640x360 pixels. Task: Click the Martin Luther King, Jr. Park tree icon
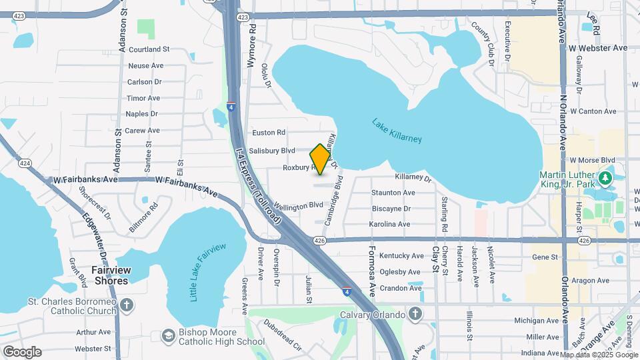[x=605, y=178]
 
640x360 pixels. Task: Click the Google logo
[x=22, y=352]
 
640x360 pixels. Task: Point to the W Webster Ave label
[x=598, y=48]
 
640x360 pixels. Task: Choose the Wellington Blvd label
[x=291, y=207]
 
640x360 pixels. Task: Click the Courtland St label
[x=149, y=49]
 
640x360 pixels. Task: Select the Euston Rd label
[x=267, y=133]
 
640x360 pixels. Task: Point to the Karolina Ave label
[x=390, y=224]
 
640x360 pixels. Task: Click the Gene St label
[x=544, y=257]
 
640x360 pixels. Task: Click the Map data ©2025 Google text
[x=599, y=355]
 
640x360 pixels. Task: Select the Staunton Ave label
[x=393, y=193]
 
